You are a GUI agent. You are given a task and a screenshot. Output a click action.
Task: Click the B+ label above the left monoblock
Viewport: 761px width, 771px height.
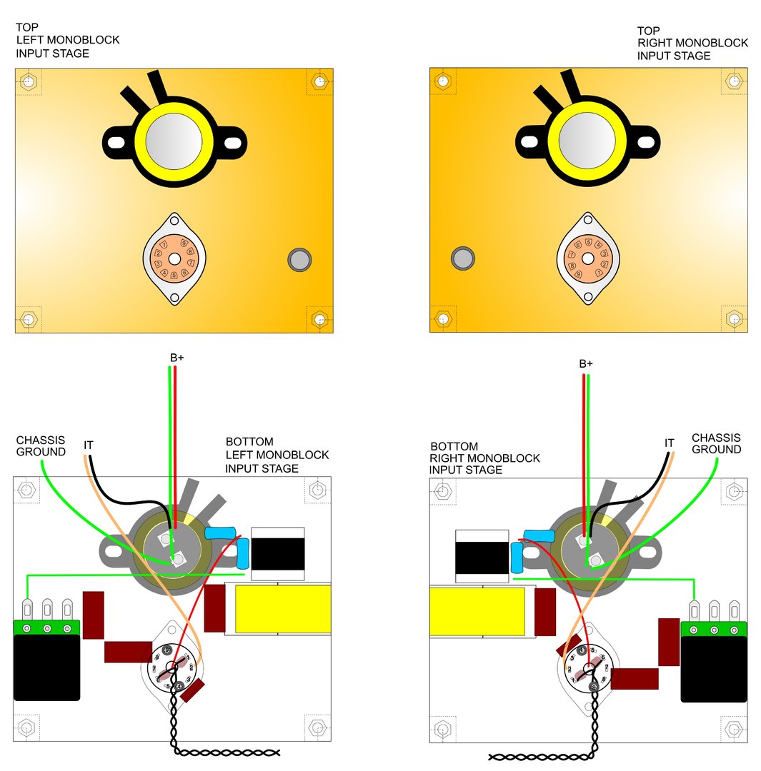[176, 357]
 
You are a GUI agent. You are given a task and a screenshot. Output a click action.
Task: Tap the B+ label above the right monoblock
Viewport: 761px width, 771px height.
[586, 363]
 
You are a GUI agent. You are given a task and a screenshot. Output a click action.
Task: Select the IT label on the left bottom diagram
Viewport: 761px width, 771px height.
[89, 445]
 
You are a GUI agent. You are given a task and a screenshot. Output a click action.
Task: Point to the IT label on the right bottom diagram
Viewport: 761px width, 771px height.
[669, 443]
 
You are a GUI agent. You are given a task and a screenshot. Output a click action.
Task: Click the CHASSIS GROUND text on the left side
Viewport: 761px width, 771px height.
[41, 446]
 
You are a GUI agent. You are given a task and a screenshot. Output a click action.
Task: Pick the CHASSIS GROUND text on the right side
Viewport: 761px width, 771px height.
[716, 443]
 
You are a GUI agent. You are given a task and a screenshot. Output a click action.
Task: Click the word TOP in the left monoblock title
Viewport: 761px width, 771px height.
[27, 27]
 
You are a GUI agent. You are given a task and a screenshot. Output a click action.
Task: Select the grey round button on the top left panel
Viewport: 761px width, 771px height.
[299, 258]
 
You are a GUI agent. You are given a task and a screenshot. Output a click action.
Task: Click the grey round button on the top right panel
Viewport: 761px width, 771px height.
[464, 258]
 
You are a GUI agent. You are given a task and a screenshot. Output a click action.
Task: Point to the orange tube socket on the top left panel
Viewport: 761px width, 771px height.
[175, 258]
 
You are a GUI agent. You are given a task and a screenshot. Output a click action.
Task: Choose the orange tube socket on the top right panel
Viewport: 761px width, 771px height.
[588, 258]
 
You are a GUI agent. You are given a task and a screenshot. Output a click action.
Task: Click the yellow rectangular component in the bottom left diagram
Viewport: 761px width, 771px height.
[282, 609]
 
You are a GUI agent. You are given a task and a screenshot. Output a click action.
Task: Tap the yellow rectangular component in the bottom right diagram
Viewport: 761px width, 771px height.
[478, 611]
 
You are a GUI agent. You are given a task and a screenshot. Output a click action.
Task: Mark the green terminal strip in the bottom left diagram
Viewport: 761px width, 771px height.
[47, 628]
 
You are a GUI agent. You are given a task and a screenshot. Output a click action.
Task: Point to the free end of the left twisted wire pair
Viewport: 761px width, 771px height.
[279, 752]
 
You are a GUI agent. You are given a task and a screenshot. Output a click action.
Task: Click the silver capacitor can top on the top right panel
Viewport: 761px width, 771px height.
[587, 140]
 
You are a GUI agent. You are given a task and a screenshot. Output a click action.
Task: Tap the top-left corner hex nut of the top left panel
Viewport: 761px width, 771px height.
[29, 81]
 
